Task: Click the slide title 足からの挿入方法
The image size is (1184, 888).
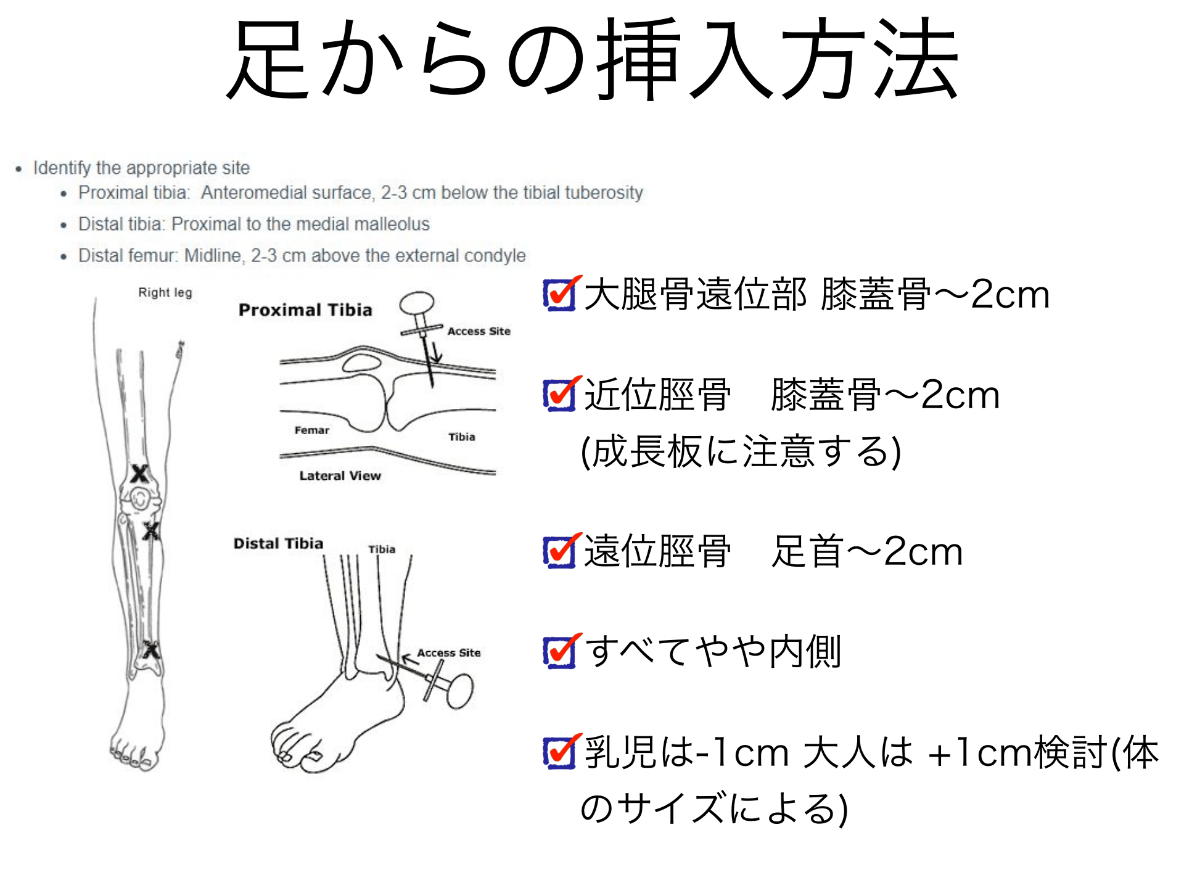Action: (x=592, y=60)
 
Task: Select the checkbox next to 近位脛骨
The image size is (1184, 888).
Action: (x=560, y=395)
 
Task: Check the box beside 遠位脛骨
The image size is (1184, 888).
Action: (x=560, y=551)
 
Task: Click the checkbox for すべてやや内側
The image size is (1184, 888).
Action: (x=560, y=652)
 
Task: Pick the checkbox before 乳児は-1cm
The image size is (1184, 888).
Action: (x=560, y=752)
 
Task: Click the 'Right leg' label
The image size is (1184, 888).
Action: (x=165, y=293)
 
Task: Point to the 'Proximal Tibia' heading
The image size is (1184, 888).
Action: (x=305, y=310)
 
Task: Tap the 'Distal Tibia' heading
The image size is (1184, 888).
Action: (x=278, y=543)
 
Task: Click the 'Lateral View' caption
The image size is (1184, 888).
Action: (x=340, y=475)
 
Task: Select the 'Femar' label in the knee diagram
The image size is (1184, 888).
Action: (x=311, y=430)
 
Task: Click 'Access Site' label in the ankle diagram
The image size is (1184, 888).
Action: (x=448, y=652)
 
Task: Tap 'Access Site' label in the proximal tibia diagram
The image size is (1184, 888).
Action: (x=479, y=331)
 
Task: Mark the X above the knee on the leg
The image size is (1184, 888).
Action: (x=139, y=474)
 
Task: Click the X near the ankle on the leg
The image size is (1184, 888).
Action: (x=150, y=650)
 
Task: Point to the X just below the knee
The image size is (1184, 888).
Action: (x=151, y=531)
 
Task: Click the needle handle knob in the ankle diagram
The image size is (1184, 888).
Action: (x=460, y=691)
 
